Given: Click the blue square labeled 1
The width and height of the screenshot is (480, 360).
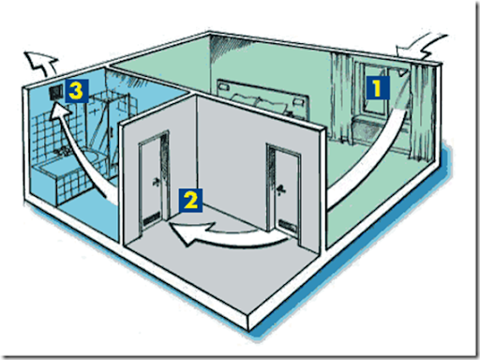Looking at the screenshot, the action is [x=378, y=87].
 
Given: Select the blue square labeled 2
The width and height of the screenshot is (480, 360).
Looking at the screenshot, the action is [x=190, y=201].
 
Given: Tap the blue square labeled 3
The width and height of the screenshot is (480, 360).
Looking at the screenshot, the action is [x=77, y=91].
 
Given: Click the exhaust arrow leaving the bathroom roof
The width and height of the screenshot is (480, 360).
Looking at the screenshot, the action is [x=42, y=63].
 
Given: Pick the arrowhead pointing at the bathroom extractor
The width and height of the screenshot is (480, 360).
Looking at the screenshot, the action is [x=61, y=113].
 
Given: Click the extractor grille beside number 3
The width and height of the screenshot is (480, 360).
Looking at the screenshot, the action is [x=56, y=93].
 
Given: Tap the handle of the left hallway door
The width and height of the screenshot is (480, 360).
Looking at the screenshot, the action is [x=157, y=182].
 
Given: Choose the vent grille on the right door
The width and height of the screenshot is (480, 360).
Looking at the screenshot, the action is [x=288, y=226].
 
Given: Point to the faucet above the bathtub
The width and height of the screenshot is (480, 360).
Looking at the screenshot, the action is [x=64, y=152].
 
